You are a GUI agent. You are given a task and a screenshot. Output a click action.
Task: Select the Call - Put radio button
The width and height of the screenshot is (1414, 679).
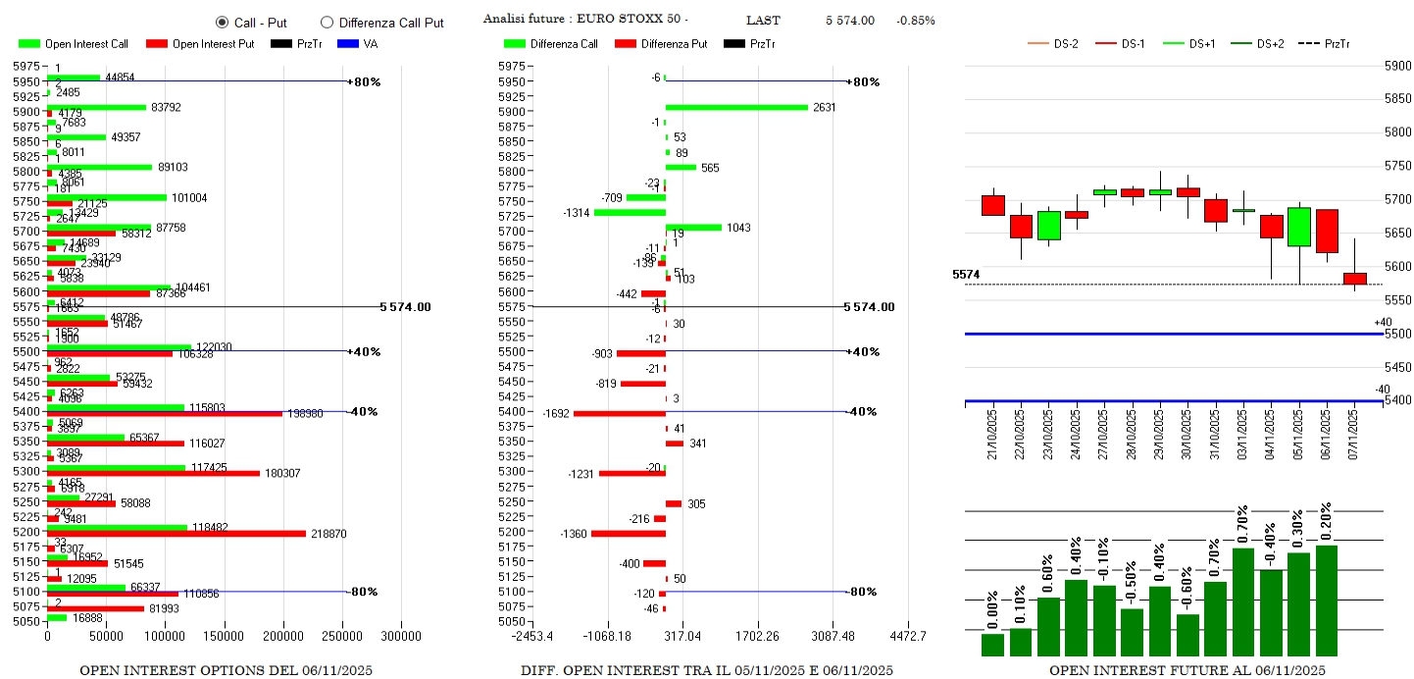tap(222, 23)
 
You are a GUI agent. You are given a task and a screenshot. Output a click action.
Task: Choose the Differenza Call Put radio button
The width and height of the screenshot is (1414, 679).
tap(327, 23)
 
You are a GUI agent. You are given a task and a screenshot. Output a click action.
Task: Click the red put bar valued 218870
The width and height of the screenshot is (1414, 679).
tap(177, 533)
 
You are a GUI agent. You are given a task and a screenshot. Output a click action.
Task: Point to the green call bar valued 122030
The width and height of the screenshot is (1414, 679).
tap(119, 347)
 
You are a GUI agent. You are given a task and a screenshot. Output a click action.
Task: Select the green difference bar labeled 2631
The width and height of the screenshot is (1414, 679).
tap(736, 107)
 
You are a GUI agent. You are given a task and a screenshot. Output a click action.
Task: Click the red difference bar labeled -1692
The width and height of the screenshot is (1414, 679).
tap(620, 413)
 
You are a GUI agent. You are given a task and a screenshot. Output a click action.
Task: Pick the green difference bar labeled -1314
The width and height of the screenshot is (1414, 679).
tap(630, 212)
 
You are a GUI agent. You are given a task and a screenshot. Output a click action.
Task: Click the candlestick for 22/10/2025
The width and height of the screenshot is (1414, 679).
tap(1021, 226)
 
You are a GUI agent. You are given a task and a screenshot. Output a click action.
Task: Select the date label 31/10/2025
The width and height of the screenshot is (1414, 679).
tap(1215, 431)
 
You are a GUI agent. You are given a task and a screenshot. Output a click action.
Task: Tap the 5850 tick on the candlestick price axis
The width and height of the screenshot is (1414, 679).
tap(1397, 100)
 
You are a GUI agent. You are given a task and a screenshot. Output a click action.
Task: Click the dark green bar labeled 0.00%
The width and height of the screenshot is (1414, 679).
tap(992, 645)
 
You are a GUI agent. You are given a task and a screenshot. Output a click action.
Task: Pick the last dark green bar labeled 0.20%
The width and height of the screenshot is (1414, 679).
tap(1327, 601)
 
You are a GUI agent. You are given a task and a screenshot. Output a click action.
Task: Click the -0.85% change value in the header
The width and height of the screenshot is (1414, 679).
tap(915, 20)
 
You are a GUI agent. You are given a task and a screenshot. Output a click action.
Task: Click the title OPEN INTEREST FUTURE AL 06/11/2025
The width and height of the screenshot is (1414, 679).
tap(1187, 670)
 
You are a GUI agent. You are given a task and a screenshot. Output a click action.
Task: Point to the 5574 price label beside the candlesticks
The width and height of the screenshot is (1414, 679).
tap(967, 275)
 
